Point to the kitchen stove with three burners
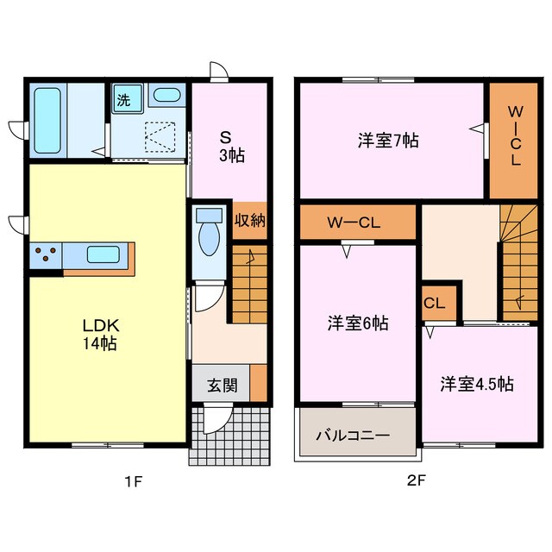coord(47,255)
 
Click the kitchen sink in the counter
coord(103,255)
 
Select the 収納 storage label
coord(249,221)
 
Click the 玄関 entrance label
coord(222,385)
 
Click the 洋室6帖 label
coord(358,323)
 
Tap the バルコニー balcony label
coord(352,436)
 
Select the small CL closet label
coord(433,303)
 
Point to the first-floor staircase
coord(249,285)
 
